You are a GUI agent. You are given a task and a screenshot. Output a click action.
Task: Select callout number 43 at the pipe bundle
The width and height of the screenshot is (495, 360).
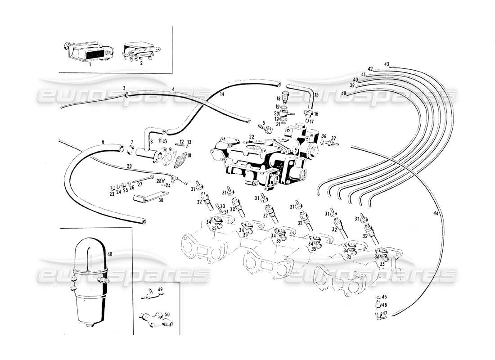click(386, 63)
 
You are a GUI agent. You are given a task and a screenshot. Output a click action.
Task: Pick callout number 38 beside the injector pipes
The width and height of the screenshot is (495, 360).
click(344, 94)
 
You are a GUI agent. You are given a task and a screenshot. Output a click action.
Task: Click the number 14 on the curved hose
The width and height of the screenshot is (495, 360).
click(221, 94)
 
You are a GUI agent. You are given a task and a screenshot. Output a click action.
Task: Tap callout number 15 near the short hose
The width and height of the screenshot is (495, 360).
click(316, 94)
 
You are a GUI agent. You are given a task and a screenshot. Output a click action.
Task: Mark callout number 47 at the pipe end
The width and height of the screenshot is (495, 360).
click(385, 313)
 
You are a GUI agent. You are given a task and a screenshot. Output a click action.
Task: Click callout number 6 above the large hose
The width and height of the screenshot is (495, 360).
click(103, 142)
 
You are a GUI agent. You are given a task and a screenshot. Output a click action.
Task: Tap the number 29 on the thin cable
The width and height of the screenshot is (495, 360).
click(129, 167)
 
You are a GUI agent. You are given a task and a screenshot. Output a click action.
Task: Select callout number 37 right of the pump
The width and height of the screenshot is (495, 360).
click(333, 138)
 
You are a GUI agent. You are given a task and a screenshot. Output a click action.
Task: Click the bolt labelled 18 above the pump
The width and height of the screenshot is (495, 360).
click(284, 96)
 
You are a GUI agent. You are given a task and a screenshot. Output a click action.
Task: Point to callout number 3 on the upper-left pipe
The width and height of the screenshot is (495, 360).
click(124, 88)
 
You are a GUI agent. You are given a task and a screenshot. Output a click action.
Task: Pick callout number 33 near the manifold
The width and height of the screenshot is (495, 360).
click(222, 207)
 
